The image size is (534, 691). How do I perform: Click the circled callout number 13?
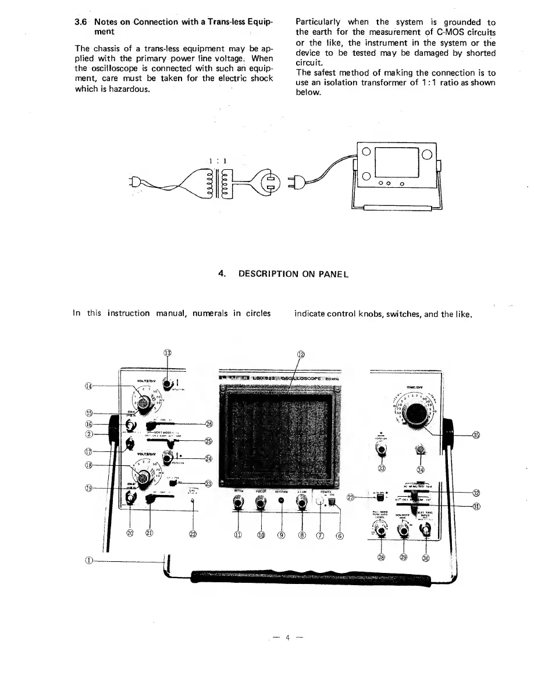pyautogui.click(x=168, y=352)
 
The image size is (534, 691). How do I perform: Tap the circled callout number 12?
pyautogui.click(x=301, y=355)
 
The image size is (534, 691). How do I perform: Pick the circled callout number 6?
pyautogui.click(x=340, y=535)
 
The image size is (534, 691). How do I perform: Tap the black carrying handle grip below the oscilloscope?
pyautogui.click(x=308, y=578)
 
